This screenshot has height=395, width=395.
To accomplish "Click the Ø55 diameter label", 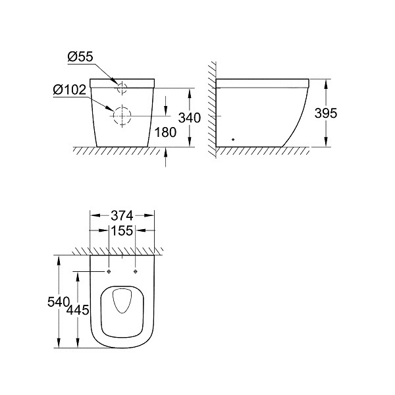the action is (80, 57).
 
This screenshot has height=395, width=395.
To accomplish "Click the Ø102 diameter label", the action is (70, 90).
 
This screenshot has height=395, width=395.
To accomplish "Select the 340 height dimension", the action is (190, 118).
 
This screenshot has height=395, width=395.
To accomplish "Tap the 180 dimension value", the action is (165, 132).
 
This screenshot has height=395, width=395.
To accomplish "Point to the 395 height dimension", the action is (326, 113).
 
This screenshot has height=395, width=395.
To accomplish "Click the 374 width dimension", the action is (122, 216).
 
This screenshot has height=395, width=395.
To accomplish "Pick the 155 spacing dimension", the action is (122, 230).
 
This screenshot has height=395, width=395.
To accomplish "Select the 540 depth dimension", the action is (59, 302).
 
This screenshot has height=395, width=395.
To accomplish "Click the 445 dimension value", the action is (78, 309).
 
